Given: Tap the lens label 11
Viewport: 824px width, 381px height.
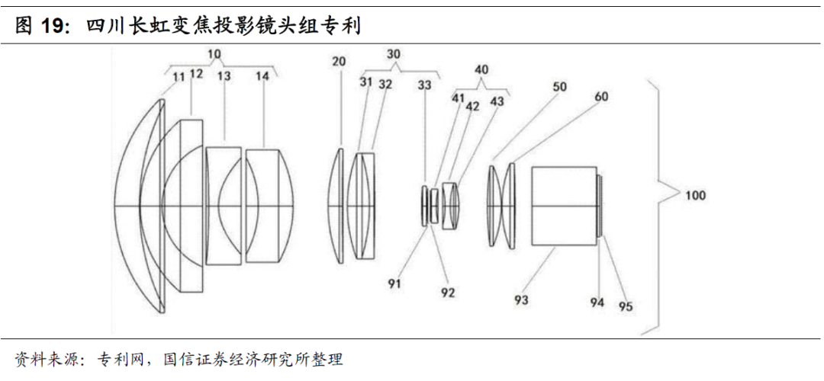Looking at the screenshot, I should tap(179, 76).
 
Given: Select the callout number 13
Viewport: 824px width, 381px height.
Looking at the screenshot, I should tap(224, 76).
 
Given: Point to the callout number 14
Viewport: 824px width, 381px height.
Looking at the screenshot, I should tap(262, 76).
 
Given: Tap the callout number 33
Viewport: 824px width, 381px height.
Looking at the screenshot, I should tap(425, 85).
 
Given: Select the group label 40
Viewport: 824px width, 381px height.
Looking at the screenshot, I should tap(481, 69).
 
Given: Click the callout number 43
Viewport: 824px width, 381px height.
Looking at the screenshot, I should tap(497, 100).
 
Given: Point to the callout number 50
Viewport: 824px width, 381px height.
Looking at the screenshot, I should tap(559, 87).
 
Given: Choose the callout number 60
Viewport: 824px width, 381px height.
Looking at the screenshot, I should tap(601, 97).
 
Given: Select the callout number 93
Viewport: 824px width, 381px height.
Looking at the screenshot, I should tap(521, 300).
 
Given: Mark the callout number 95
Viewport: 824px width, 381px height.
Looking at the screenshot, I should tap(625, 307).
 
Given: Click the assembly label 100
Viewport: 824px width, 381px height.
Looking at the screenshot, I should tap(695, 195).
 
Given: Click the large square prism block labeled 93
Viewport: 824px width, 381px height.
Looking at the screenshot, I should tap(564, 207).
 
